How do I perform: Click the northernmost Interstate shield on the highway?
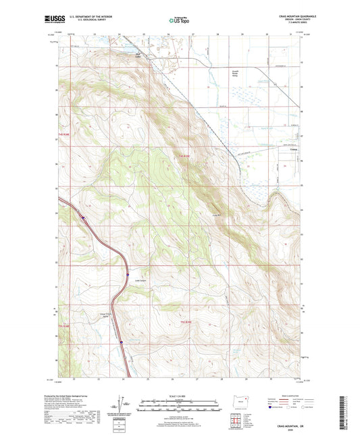click(x=82, y=217)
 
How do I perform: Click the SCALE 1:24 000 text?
click(x=180, y=396)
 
